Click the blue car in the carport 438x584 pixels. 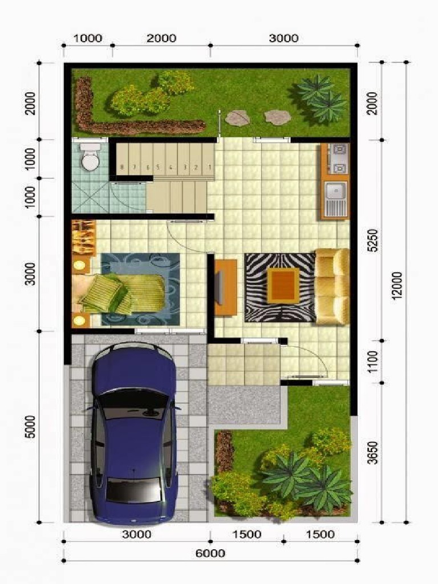pyautogui.click(x=134, y=433)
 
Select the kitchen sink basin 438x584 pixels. pyautogui.click(x=335, y=190)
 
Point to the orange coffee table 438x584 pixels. pyautogui.click(x=283, y=285)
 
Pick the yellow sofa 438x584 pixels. pyautogui.click(x=332, y=286)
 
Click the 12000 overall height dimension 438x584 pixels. pyautogui.click(x=398, y=285)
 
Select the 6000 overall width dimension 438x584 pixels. pyautogui.click(x=210, y=553)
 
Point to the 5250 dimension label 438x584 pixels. pyautogui.click(x=372, y=241)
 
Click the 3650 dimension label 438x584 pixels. pyautogui.click(x=372, y=452)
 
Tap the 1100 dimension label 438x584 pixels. pyautogui.click(x=372, y=361)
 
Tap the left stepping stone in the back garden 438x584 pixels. pyautogui.click(x=237, y=117)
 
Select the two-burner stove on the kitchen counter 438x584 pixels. pyautogui.click(x=339, y=159)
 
